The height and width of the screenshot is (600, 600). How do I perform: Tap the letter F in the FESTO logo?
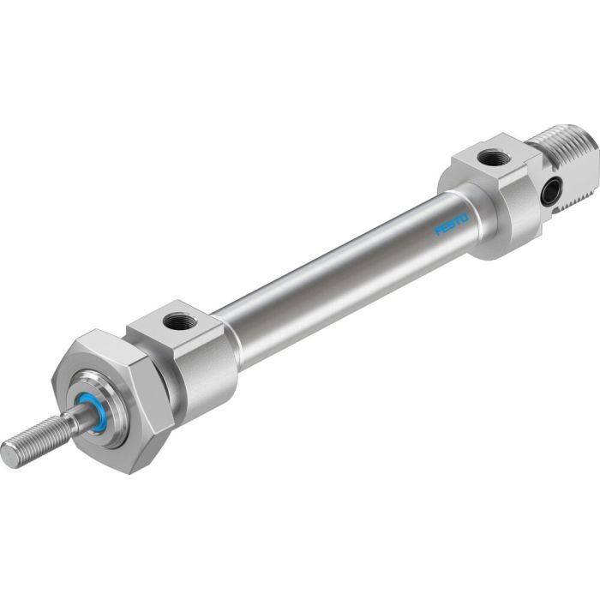[x=438, y=232]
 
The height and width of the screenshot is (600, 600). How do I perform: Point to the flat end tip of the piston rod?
[x=9, y=455]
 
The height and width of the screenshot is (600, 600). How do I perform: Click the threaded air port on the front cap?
[x=181, y=322]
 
